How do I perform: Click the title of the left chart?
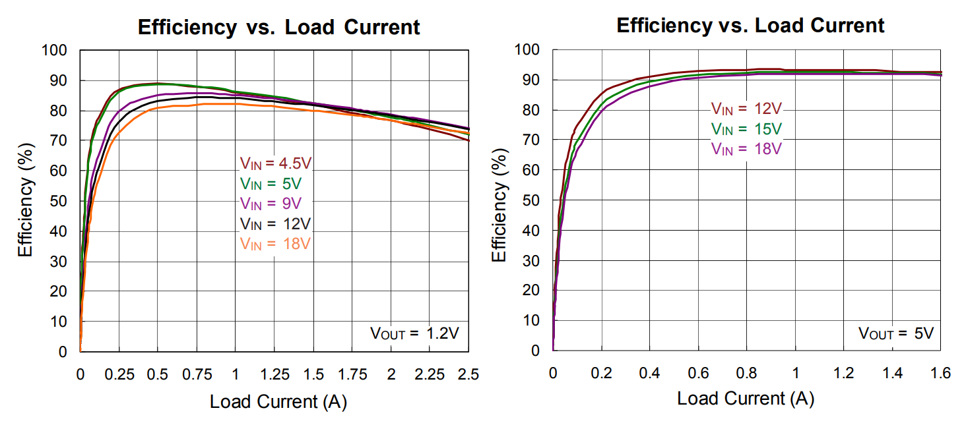pyautogui.click(x=278, y=27)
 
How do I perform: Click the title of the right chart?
pyautogui.click(x=750, y=26)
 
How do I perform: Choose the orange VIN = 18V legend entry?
pyautogui.click(x=274, y=243)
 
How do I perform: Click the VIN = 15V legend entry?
pyautogui.click(x=746, y=128)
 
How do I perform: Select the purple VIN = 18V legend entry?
pyautogui.click(x=746, y=148)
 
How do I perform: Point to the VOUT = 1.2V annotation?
pyautogui.click(x=414, y=333)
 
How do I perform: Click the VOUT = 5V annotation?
pyautogui.click(x=895, y=333)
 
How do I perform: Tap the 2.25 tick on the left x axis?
pyautogui.click(x=429, y=374)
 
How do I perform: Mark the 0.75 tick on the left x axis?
pyautogui.click(x=196, y=374)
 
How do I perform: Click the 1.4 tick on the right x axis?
pyautogui.click(x=892, y=374)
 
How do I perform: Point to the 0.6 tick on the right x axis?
pyautogui.click(x=698, y=374)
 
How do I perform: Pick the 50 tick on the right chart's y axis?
pyautogui.click(x=531, y=200)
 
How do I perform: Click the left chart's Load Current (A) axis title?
pyautogui.click(x=278, y=401)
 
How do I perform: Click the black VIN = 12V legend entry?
pyautogui.click(x=274, y=223)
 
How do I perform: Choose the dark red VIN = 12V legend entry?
pyautogui.click(x=746, y=109)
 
